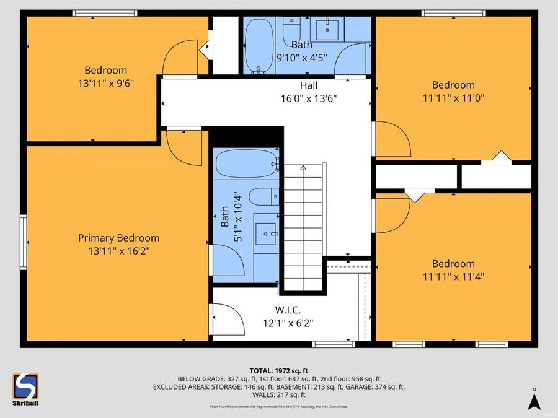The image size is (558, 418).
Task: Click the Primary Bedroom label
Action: (118, 238)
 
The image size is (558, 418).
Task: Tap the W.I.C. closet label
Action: (288, 310)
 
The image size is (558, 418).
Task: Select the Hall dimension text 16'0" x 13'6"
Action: (309, 98)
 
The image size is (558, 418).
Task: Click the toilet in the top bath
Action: (291, 27)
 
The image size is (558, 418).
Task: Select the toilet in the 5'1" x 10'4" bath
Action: (262, 196)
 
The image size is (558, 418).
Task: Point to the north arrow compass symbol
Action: (533, 399)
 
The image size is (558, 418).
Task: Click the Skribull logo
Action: (25, 390)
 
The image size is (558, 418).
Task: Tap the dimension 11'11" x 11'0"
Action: (453, 98)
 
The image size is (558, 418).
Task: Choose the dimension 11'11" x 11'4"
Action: (453, 276)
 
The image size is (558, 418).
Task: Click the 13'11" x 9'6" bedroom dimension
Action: (105, 82)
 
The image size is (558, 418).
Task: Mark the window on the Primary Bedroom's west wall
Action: (23, 242)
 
